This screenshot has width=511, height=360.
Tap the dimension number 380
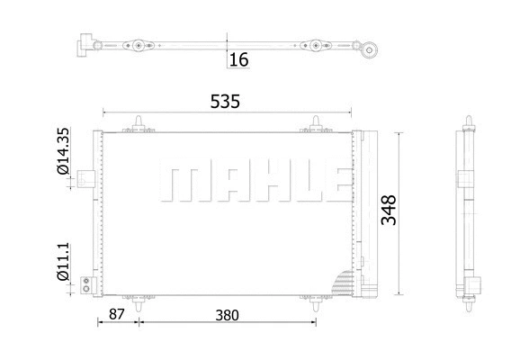[x=227, y=316]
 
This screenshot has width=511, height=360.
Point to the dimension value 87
[x=115, y=316]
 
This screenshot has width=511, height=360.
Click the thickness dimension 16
[x=238, y=59]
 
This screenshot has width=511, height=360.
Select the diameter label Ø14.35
[x=63, y=157]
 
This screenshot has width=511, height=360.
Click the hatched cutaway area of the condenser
[x=345, y=283]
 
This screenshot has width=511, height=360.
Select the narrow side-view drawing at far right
[x=471, y=213]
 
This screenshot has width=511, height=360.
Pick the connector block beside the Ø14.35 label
[x=86, y=179]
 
